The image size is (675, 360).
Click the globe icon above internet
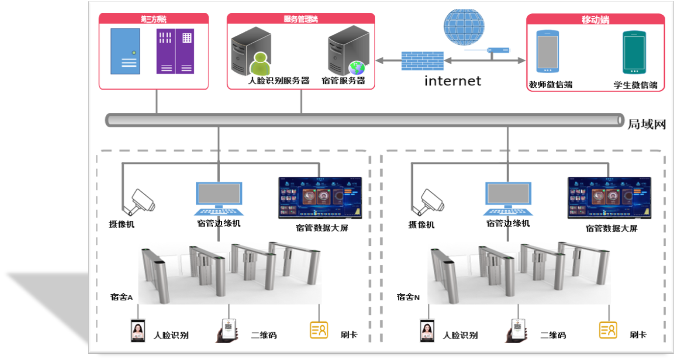click(x=464, y=28)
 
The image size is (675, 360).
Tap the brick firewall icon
click(x=422, y=61)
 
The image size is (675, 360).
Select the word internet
click(x=452, y=81)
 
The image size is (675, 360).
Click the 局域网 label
click(x=647, y=124)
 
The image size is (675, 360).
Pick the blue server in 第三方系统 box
click(x=125, y=51)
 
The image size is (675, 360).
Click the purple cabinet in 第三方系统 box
click(x=175, y=51)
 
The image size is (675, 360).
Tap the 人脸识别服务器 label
click(x=279, y=81)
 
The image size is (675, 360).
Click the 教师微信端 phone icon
click(x=547, y=51)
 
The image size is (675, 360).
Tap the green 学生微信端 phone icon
click(x=634, y=52)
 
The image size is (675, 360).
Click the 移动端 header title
click(x=595, y=20)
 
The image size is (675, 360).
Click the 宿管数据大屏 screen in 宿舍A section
click(x=320, y=198)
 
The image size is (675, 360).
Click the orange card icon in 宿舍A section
click(x=319, y=330)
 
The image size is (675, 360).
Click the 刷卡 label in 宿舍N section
click(x=638, y=335)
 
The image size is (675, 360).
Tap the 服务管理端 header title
click(x=301, y=19)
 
